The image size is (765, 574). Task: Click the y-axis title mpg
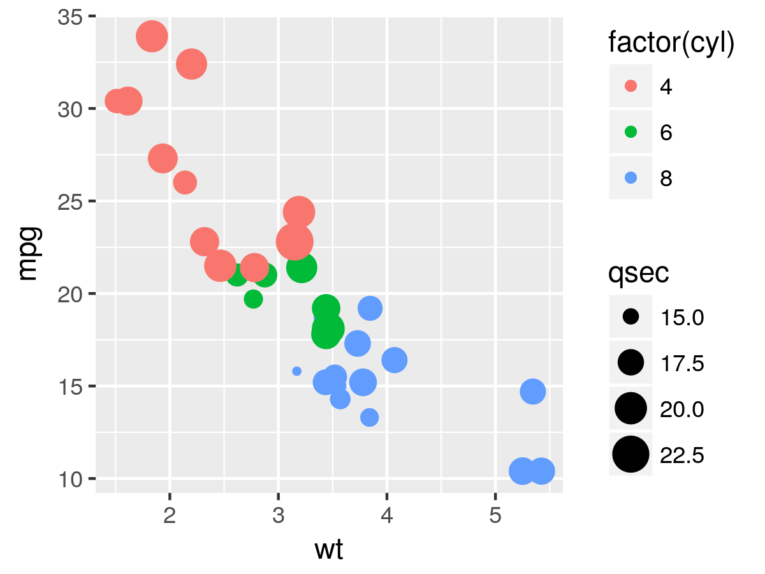click(29, 253)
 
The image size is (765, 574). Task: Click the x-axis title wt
click(329, 550)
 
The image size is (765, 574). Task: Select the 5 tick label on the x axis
click(495, 515)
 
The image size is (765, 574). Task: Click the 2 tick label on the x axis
click(170, 515)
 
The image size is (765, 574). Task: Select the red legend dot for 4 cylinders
click(631, 86)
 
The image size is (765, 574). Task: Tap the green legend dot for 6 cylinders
click(631, 132)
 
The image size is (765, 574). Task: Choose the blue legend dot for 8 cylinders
click(631, 178)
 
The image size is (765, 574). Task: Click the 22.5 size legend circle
click(631, 454)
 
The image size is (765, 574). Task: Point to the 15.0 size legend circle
click(631, 316)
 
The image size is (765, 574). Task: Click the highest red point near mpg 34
click(152, 36)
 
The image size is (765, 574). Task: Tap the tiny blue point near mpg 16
click(296, 371)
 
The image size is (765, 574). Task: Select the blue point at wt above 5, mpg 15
click(533, 392)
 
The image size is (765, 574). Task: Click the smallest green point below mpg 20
click(253, 298)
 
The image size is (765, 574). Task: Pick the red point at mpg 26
click(185, 182)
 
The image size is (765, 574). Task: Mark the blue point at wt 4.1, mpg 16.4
click(395, 360)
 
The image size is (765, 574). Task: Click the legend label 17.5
click(682, 364)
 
